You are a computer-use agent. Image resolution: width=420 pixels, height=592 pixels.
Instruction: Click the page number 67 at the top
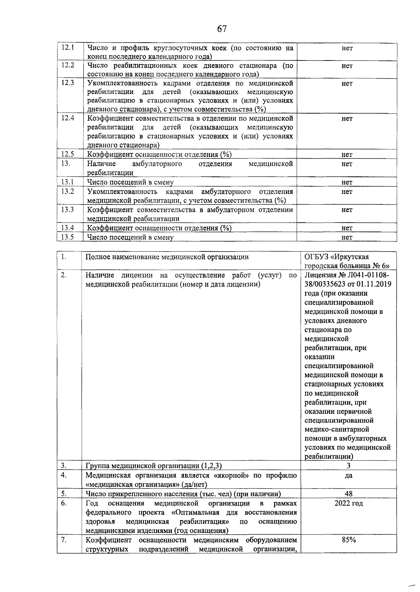click(x=222, y=29)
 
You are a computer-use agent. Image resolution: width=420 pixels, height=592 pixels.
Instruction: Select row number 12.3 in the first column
click(x=67, y=83)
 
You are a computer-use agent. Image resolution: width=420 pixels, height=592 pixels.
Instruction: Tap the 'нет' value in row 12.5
click(x=347, y=154)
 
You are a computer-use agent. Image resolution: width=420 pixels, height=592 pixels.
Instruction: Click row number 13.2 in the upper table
click(x=67, y=191)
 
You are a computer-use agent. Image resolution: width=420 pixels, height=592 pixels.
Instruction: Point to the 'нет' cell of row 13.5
click(x=347, y=238)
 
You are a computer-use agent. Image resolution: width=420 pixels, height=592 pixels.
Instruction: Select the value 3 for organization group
click(x=349, y=466)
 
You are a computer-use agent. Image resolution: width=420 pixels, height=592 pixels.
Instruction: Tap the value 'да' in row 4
click(x=349, y=476)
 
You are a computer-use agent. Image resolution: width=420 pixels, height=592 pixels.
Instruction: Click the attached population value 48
click(x=349, y=494)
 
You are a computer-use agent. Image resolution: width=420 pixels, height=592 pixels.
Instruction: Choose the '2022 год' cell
click(x=349, y=504)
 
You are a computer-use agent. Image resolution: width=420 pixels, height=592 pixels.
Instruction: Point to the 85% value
click(x=349, y=550)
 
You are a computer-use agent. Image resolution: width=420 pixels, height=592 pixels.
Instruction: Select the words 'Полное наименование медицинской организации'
click(x=167, y=257)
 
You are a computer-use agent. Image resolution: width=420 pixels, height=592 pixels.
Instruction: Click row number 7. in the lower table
click(x=64, y=550)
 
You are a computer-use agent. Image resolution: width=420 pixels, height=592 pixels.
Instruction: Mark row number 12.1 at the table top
click(x=67, y=48)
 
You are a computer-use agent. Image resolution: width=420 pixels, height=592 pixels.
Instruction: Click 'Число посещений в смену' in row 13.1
click(x=130, y=182)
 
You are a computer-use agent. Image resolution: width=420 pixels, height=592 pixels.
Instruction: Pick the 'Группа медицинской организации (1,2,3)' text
click(x=154, y=466)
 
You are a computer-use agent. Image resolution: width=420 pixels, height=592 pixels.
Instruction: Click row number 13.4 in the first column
click(x=67, y=228)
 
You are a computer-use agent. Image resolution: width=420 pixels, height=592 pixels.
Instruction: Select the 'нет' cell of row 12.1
click(x=347, y=48)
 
